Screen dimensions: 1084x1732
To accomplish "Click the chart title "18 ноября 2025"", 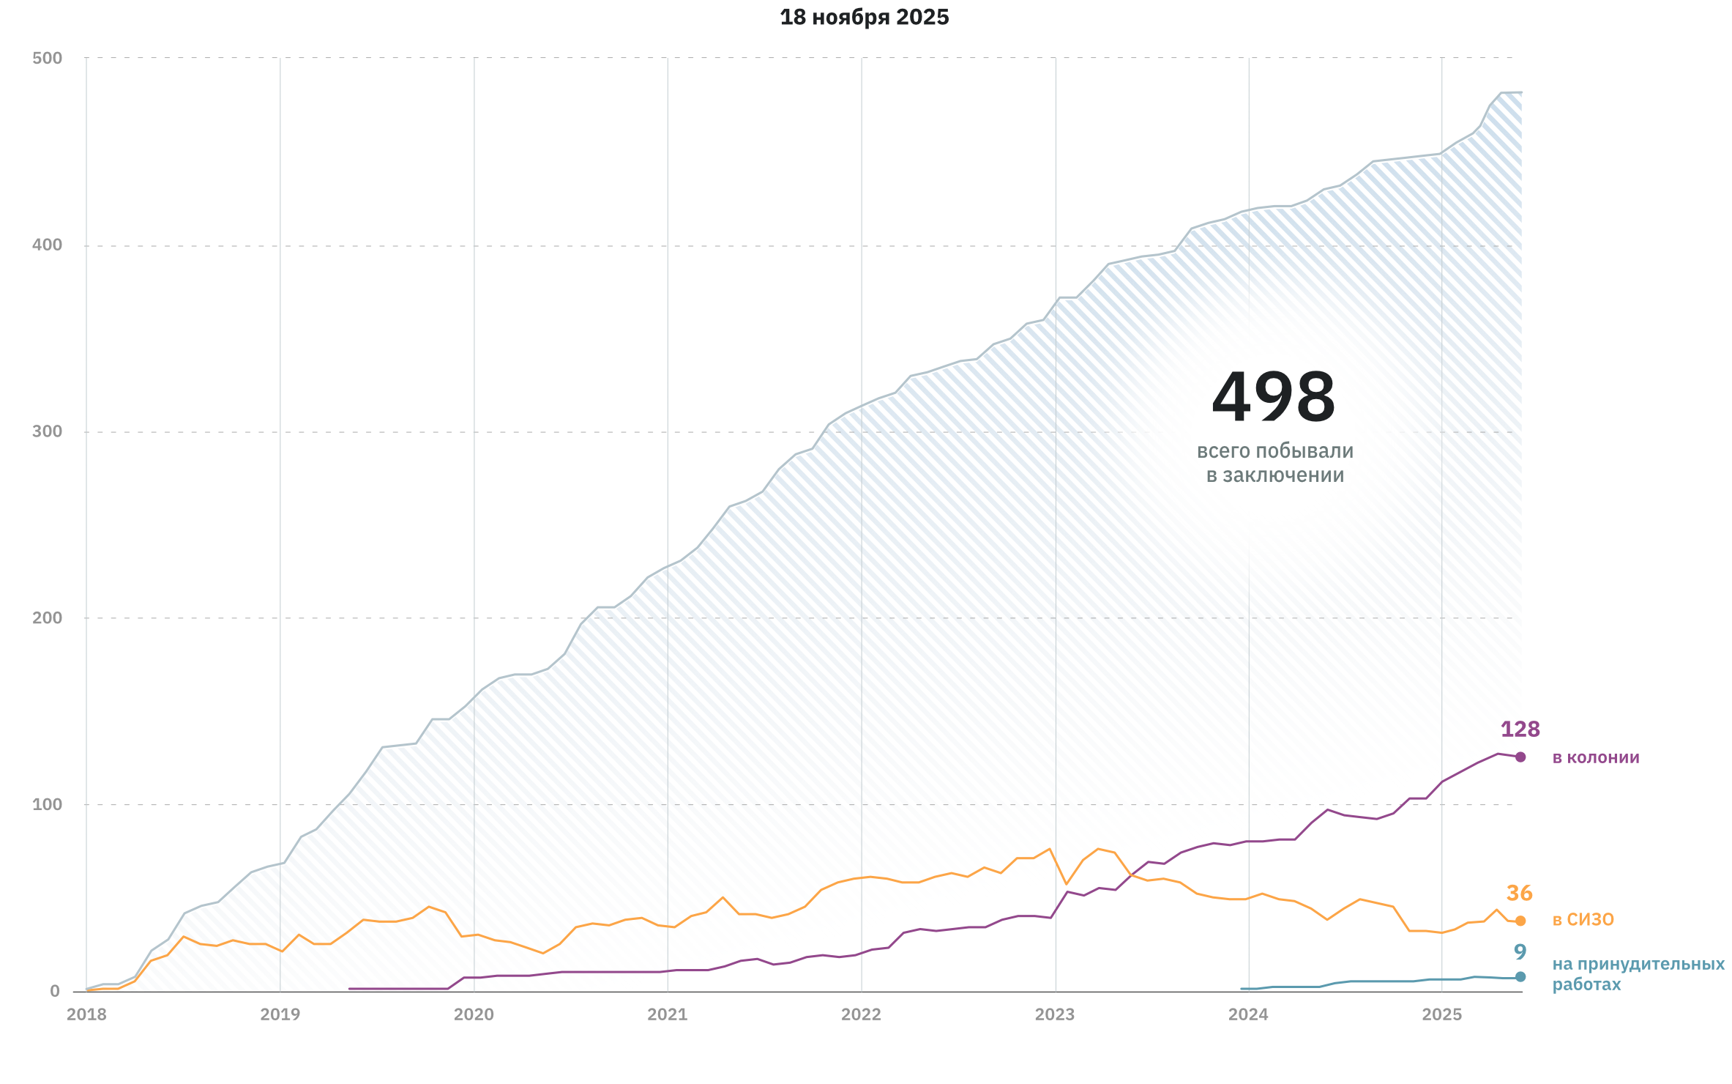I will coord(864,18).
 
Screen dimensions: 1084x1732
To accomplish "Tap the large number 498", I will coord(1274,398).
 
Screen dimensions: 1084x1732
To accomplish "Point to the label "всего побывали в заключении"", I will coord(1275,463).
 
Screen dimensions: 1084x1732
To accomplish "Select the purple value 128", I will coord(1520,730).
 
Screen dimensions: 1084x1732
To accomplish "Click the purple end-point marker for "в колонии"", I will coord(1520,757).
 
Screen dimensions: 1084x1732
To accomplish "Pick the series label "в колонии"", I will coord(1596,757).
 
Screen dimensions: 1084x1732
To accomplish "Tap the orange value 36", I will coord(1519,894).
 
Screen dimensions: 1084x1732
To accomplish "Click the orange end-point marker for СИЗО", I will coord(1520,921).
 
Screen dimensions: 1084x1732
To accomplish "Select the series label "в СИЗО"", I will coord(1583,920).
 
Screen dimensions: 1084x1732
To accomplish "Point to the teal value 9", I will coord(1520,952).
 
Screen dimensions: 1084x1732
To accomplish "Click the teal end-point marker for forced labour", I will coord(1520,977).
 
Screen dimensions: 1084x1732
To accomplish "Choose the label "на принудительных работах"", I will coord(1638,974).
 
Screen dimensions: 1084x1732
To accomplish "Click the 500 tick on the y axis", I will coord(48,59).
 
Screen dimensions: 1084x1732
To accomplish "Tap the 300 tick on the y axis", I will coord(48,431).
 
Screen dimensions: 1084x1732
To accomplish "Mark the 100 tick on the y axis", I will coord(48,804).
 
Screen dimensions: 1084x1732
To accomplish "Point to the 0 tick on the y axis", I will coord(55,992).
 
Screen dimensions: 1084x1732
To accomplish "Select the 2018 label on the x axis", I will coord(86,1015).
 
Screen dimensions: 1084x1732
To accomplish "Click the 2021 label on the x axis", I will coord(668,1015).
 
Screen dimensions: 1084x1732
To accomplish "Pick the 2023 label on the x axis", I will coord(1055,1015).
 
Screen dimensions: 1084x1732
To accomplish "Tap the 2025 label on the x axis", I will coord(1442,1015).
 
